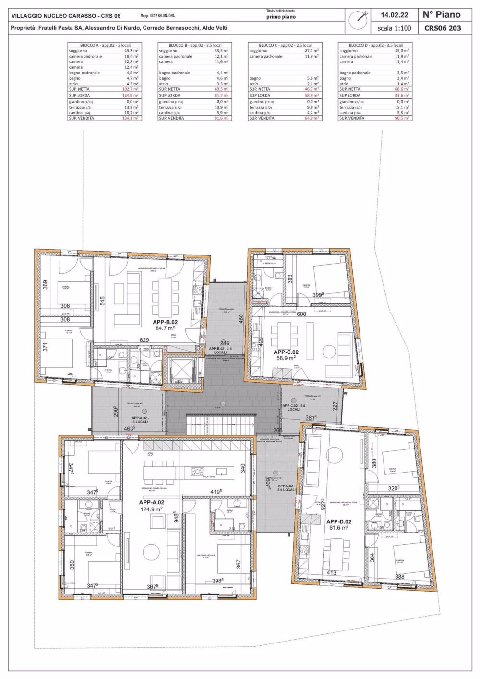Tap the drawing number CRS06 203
tap(442, 28)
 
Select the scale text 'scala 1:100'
tap(394, 28)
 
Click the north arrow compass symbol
tap(358, 20)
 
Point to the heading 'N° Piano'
tap(442, 15)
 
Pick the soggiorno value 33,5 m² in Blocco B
tap(221, 50)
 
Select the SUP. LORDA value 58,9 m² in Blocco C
tap(312, 96)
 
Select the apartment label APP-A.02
tap(151, 502)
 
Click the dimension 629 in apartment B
tap(144, 340)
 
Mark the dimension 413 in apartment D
tap(331, 572)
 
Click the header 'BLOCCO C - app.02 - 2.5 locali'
tap(285, 45)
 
